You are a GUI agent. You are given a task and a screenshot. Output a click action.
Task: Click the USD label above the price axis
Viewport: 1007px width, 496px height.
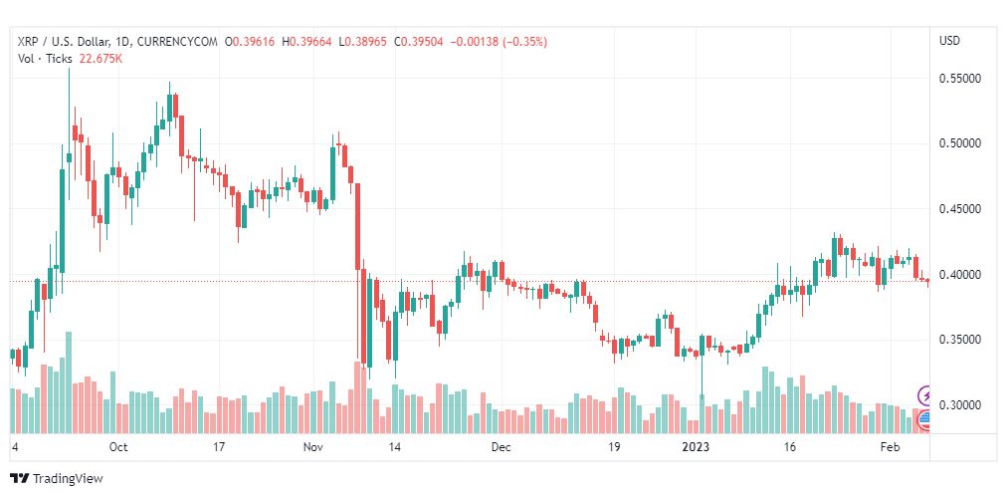click(x=949, y=41)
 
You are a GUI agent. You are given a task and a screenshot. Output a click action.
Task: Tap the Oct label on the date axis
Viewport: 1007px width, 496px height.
click(x=118, y=448)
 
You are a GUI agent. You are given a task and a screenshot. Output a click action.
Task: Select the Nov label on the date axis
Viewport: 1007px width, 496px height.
click(x=313, y=448)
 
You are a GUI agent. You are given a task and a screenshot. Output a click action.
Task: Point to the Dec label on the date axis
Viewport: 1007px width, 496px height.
click(x=501, y=448)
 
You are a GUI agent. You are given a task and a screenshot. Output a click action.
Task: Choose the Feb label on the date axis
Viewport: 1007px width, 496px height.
click(x=892, y=448)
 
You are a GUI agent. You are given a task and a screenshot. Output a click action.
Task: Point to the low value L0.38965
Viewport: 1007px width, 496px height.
click(x=365, y=42)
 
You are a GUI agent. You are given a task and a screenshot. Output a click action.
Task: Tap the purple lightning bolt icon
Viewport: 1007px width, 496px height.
click(x=925, y=395)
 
